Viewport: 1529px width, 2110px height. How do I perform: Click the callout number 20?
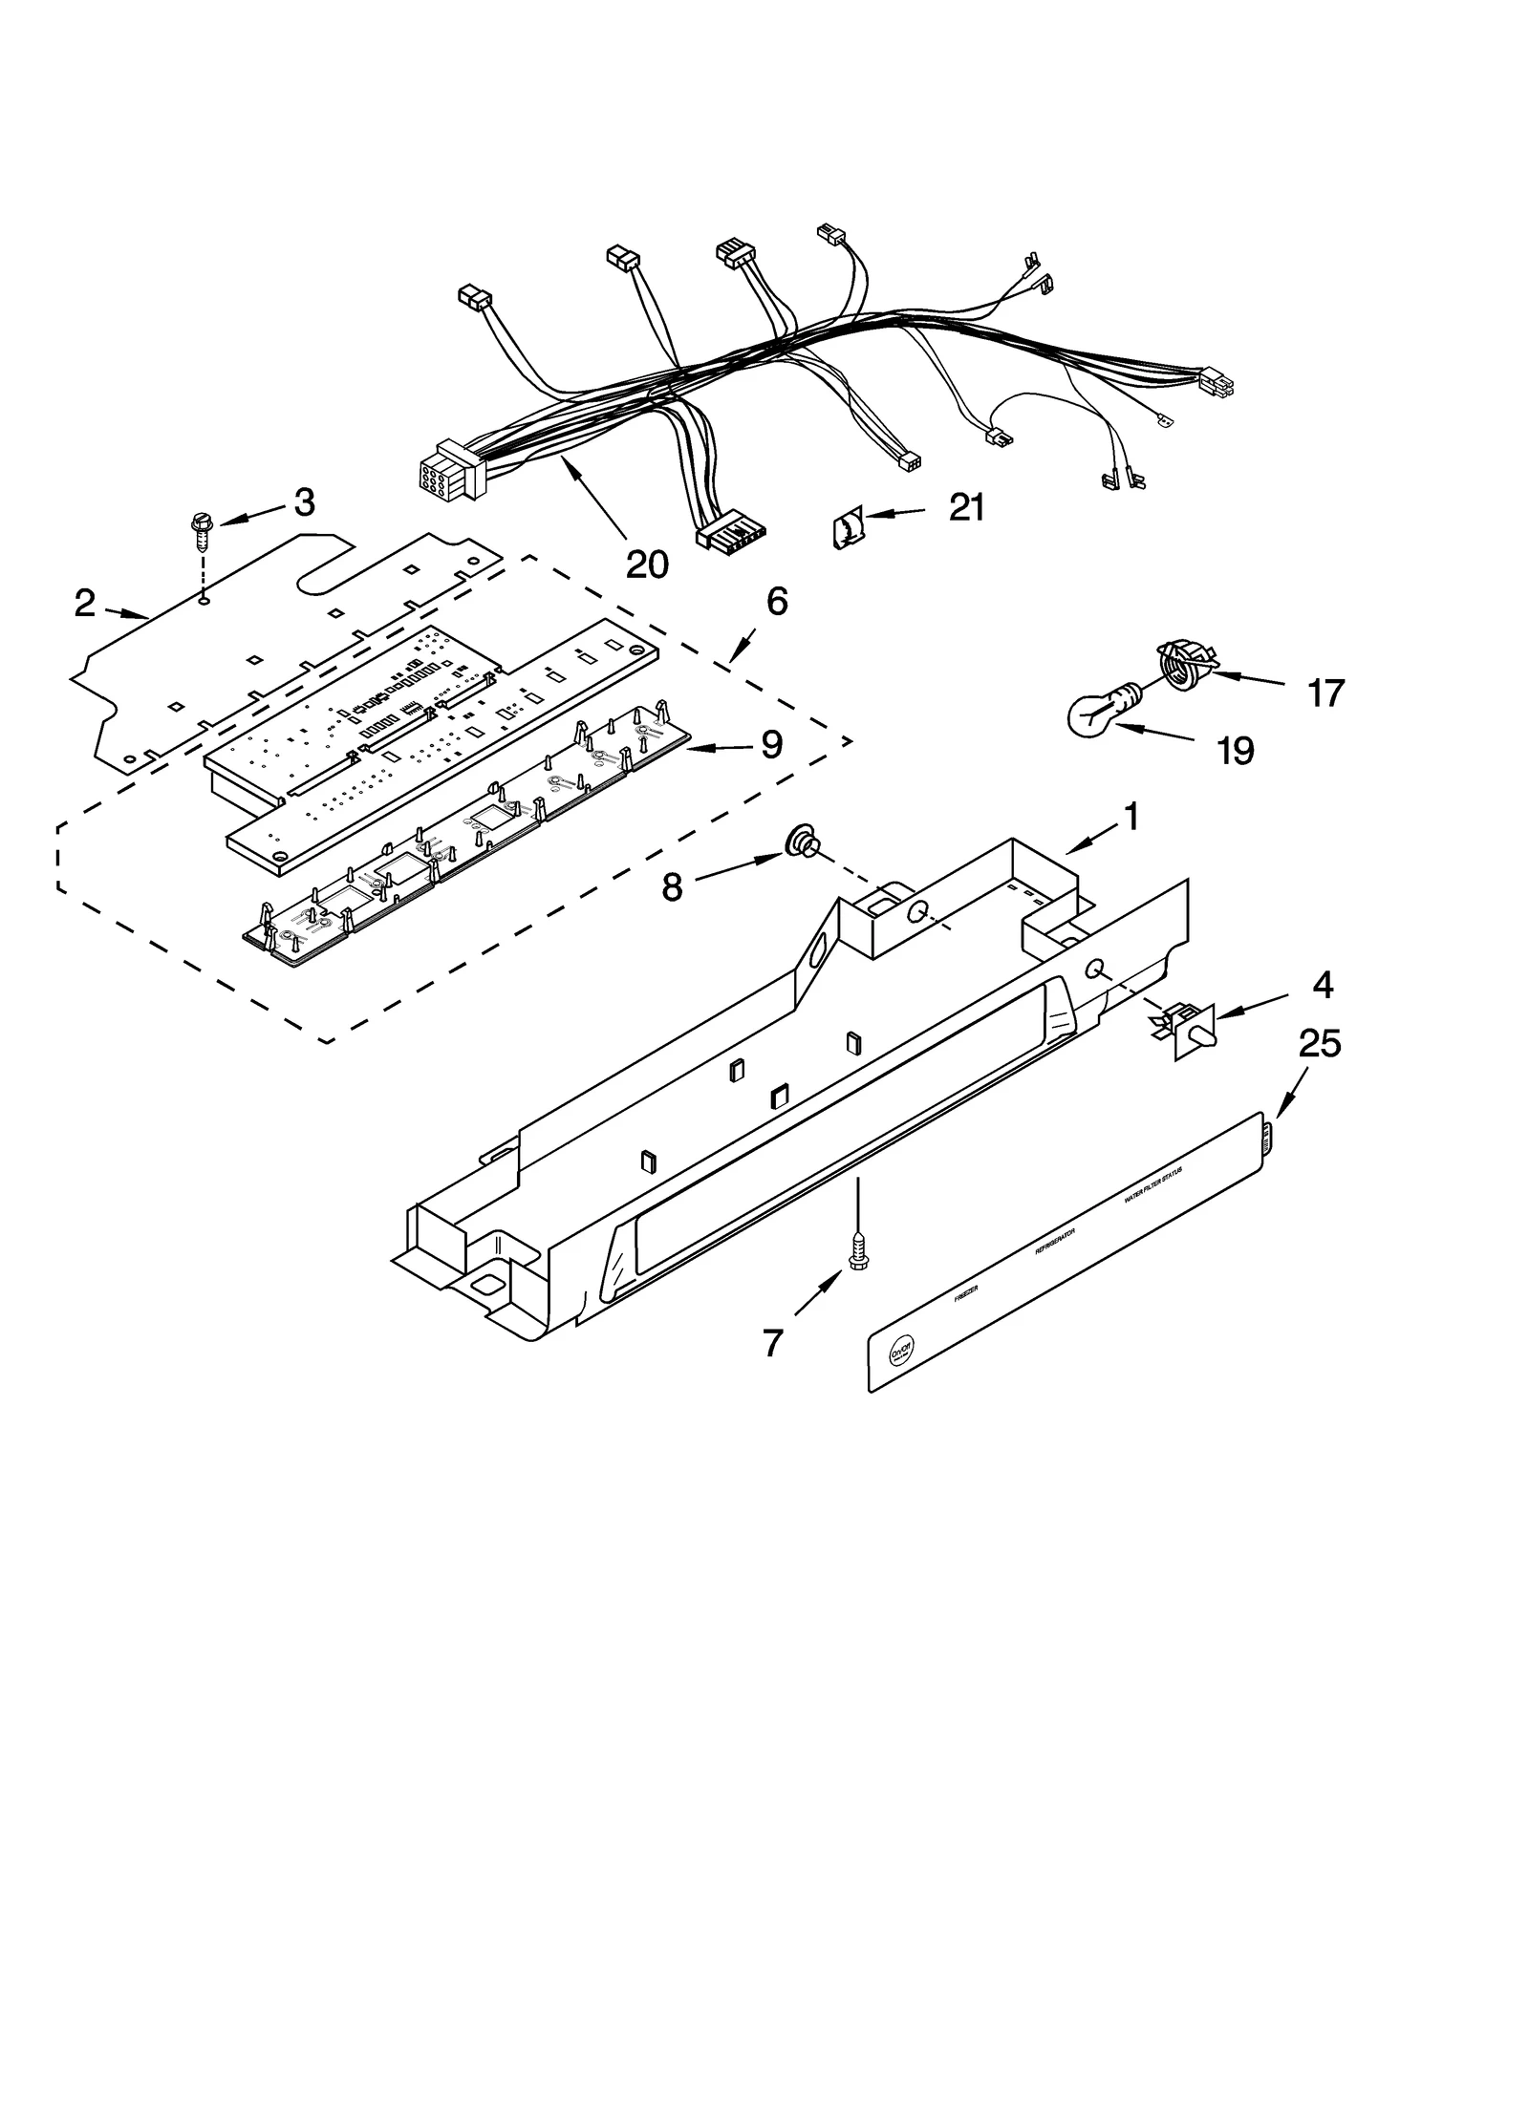tap(647, 565)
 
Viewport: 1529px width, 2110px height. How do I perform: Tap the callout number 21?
tap(966, 507)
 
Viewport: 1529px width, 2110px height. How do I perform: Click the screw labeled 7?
tap(857, 1254)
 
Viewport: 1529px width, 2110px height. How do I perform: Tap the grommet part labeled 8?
tap(799, 843)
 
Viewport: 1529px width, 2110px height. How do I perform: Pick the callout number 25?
tap(1320, 1044)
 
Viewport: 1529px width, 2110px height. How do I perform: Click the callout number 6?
tap(777, 601)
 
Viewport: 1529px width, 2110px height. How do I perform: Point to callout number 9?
tap(772, 744)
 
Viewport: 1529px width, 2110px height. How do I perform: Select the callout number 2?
tap(85, 603)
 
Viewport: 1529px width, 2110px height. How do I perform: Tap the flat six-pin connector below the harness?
tap(734, 538)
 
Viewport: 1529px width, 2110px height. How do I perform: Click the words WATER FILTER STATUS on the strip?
tap(1152, 1184)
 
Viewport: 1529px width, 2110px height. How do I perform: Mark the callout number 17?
tap(1325, 693)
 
